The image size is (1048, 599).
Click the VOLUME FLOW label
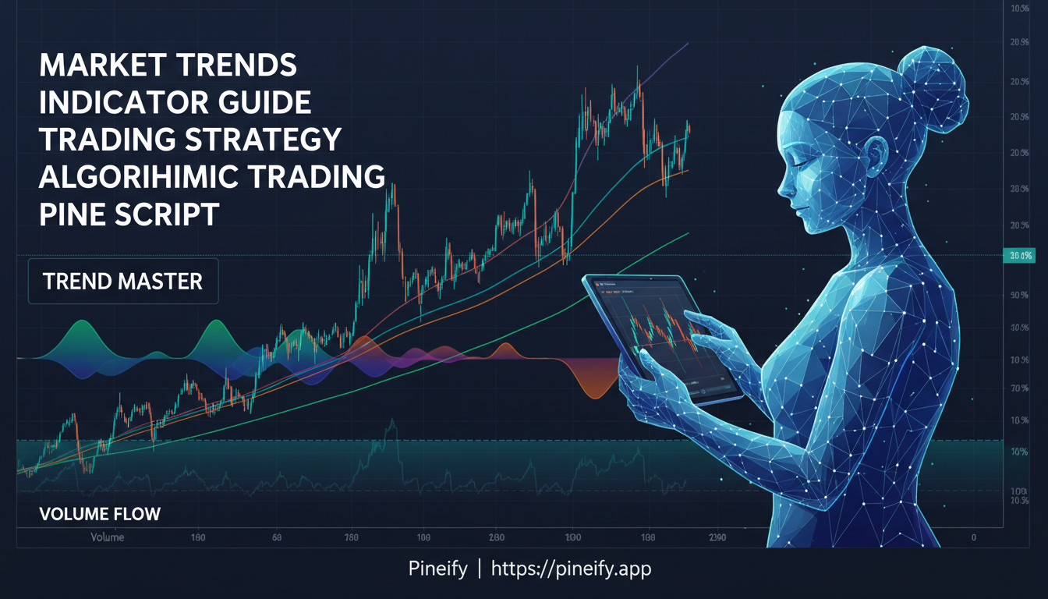click(x=99, y=514)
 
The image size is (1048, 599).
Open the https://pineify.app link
click(x=571, y=569)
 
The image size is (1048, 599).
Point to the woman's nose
click(x=782, y=187)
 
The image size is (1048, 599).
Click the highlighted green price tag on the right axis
click(x=1018, y=256)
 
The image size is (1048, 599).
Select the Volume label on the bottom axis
click(x=108, y=538)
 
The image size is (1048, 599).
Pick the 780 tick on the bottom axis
click(x=351, y=538)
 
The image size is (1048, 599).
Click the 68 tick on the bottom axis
click(x=277, y=538)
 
